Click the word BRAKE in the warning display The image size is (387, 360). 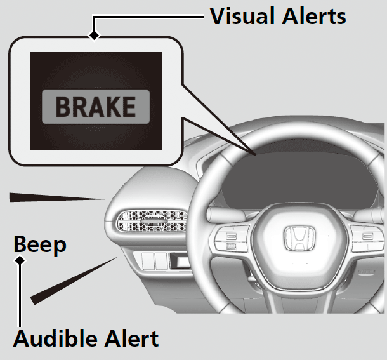[x=95, y=106]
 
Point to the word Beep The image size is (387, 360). [x=40, y=244]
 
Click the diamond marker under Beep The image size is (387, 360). [x=21, y=261]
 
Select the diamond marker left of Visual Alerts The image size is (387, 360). [x=94, y=35]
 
